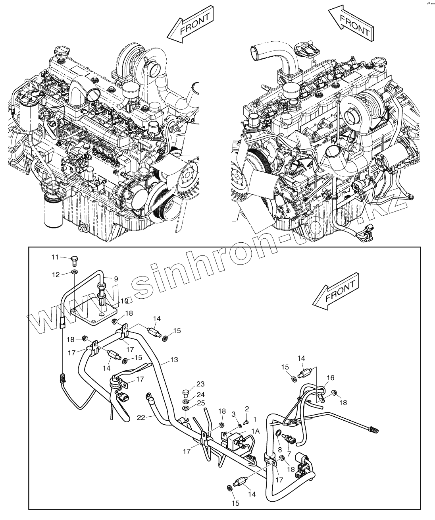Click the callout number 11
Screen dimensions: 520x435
pos(55,257)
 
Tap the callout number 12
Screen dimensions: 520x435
pos(55,274)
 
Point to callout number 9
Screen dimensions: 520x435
pos(116,279)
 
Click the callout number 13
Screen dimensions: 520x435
pos(174,360)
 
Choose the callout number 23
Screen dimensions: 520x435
pos(200,384)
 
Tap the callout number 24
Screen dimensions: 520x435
pos(200,395)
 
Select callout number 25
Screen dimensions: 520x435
pos(200,403)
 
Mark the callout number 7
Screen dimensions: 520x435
pos(289,454)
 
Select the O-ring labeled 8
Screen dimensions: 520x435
pos(279,433)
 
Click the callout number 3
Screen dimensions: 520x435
pos(233,415)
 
